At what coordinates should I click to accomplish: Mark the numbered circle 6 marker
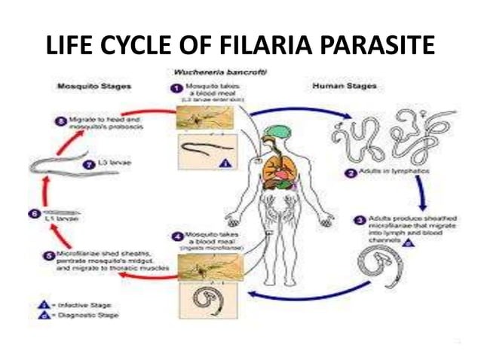[x=33, y=214]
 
